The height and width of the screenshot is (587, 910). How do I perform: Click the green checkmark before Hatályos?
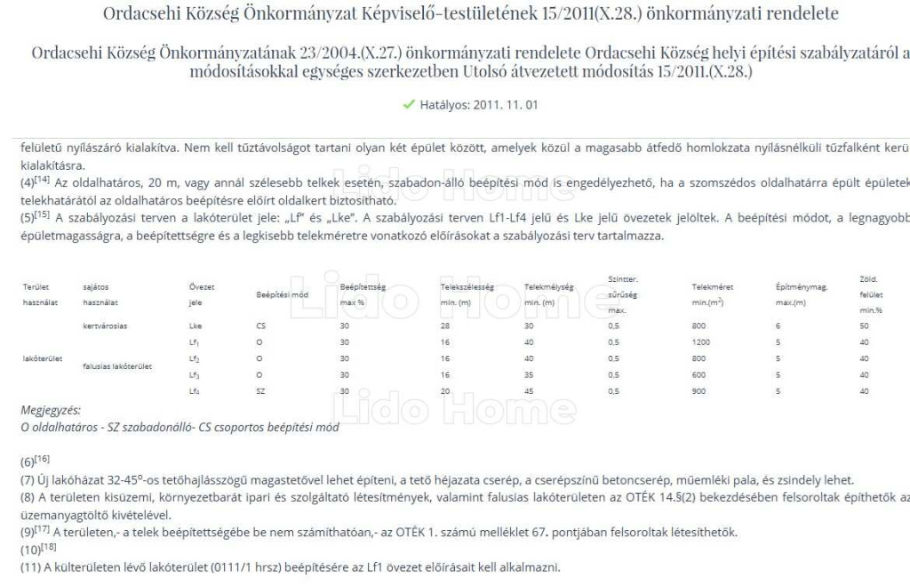point(409,104)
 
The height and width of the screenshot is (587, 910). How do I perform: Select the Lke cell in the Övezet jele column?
point(196,326)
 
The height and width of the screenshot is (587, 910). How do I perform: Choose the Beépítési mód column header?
point(283,293)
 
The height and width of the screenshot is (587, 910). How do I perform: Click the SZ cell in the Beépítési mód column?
point(260,390)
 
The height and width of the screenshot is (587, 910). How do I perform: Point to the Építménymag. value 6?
point(778,326)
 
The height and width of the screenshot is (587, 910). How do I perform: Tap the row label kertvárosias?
point(104,326)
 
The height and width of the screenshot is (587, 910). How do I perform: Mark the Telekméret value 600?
point(698,374)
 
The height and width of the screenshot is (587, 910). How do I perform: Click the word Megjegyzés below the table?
point(50,410)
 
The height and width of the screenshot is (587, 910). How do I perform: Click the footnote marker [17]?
point(42,528)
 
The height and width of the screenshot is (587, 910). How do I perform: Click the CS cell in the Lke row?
point(260,326)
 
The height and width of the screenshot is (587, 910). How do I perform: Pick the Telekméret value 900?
point(698,390)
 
